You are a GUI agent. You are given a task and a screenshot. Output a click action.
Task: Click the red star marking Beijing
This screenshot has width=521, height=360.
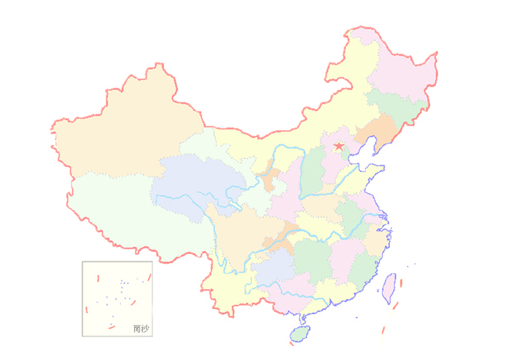click(339, 147)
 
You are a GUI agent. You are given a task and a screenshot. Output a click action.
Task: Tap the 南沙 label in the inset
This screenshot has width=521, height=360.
click(140, 329)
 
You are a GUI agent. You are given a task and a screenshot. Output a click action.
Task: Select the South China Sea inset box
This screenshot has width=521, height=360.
click(117, 299)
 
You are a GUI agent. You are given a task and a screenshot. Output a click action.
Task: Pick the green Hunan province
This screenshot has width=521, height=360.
click(314, 263)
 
